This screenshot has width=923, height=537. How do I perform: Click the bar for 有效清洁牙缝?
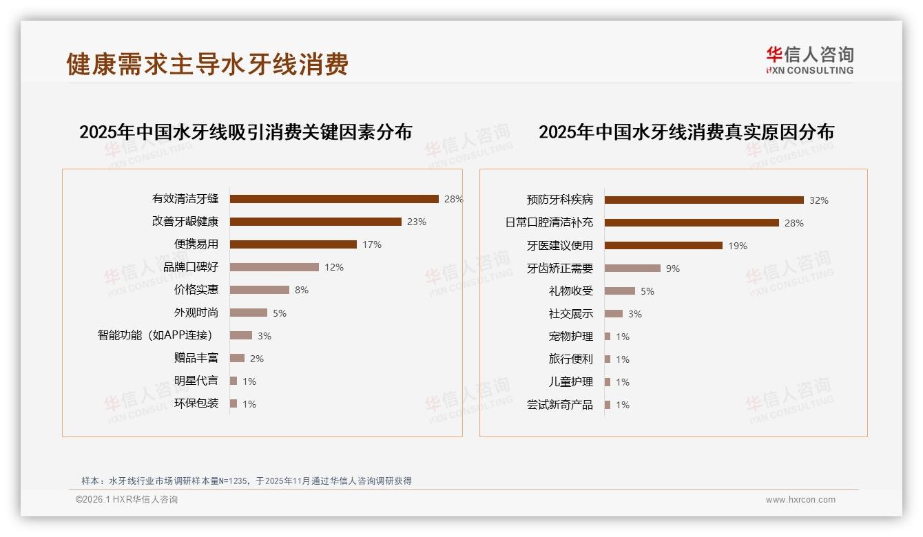[334, 199]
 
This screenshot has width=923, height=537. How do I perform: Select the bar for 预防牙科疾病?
[704, 200]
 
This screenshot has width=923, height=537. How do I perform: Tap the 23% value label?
[417, 222]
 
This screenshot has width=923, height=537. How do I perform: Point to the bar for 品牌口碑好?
[274, 267]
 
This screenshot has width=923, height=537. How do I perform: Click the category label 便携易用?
[196, 244]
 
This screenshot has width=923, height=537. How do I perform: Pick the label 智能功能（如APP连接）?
[155, 335]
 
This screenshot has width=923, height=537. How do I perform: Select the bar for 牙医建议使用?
[663, 246]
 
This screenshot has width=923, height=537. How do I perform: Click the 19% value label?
[738, 246]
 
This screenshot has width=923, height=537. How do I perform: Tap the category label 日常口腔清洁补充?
[549, 223]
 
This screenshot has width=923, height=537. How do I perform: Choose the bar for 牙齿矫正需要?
[632, 268]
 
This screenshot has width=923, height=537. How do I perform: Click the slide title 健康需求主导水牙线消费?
[207, 64]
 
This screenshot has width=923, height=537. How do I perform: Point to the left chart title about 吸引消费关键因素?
[245, 132]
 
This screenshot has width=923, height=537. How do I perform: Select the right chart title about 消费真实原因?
[686, 132]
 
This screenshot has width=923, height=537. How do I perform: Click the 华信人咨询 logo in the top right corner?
[809, 60]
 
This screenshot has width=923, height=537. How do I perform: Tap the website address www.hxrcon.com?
[800, 500]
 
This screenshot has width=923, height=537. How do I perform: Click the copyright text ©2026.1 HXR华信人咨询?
[127, 500]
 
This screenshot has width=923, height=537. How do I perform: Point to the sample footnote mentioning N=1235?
[247, 481]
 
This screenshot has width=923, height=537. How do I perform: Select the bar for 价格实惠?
[260, 290]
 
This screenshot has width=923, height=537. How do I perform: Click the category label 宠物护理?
[570, 337]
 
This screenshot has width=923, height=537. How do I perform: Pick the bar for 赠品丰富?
[237, 358]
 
